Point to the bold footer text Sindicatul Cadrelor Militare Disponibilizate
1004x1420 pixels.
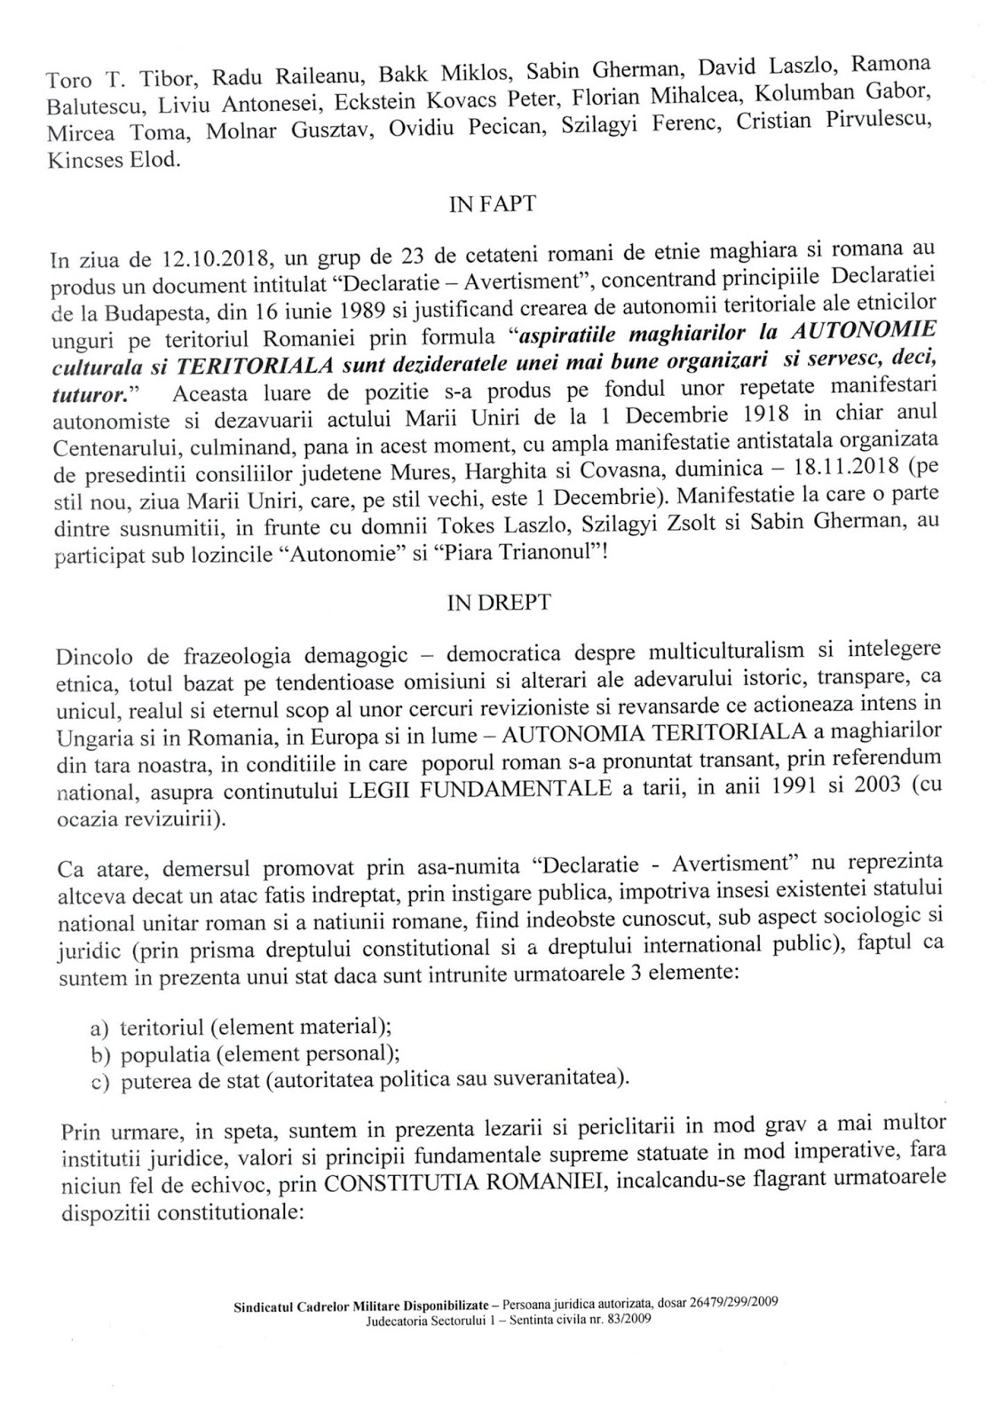pos(364,1304)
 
